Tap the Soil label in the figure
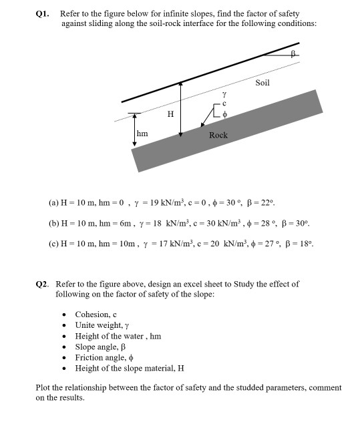coord(262,83)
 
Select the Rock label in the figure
coord(218,135)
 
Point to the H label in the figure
coord(170,114)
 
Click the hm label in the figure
coord(142,134)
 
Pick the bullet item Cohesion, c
coord(96,314)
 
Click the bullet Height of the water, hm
coord(118,337)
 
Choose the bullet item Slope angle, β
coord(100,347)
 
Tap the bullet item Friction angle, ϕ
coord(104,358)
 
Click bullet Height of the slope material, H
coord(130,369)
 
